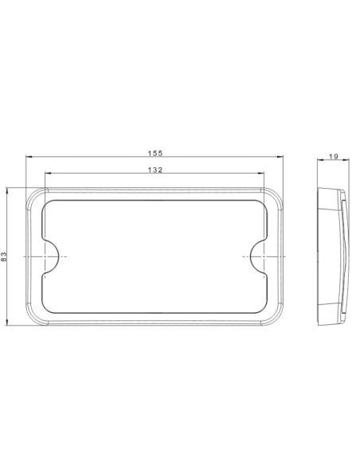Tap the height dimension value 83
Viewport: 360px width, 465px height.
6,256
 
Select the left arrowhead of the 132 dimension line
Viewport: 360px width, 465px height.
47,175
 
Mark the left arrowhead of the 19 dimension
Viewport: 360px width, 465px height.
318,162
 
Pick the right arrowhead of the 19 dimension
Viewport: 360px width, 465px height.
347,162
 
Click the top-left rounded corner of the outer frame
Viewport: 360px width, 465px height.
33,195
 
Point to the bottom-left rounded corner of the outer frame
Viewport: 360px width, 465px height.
33,318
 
